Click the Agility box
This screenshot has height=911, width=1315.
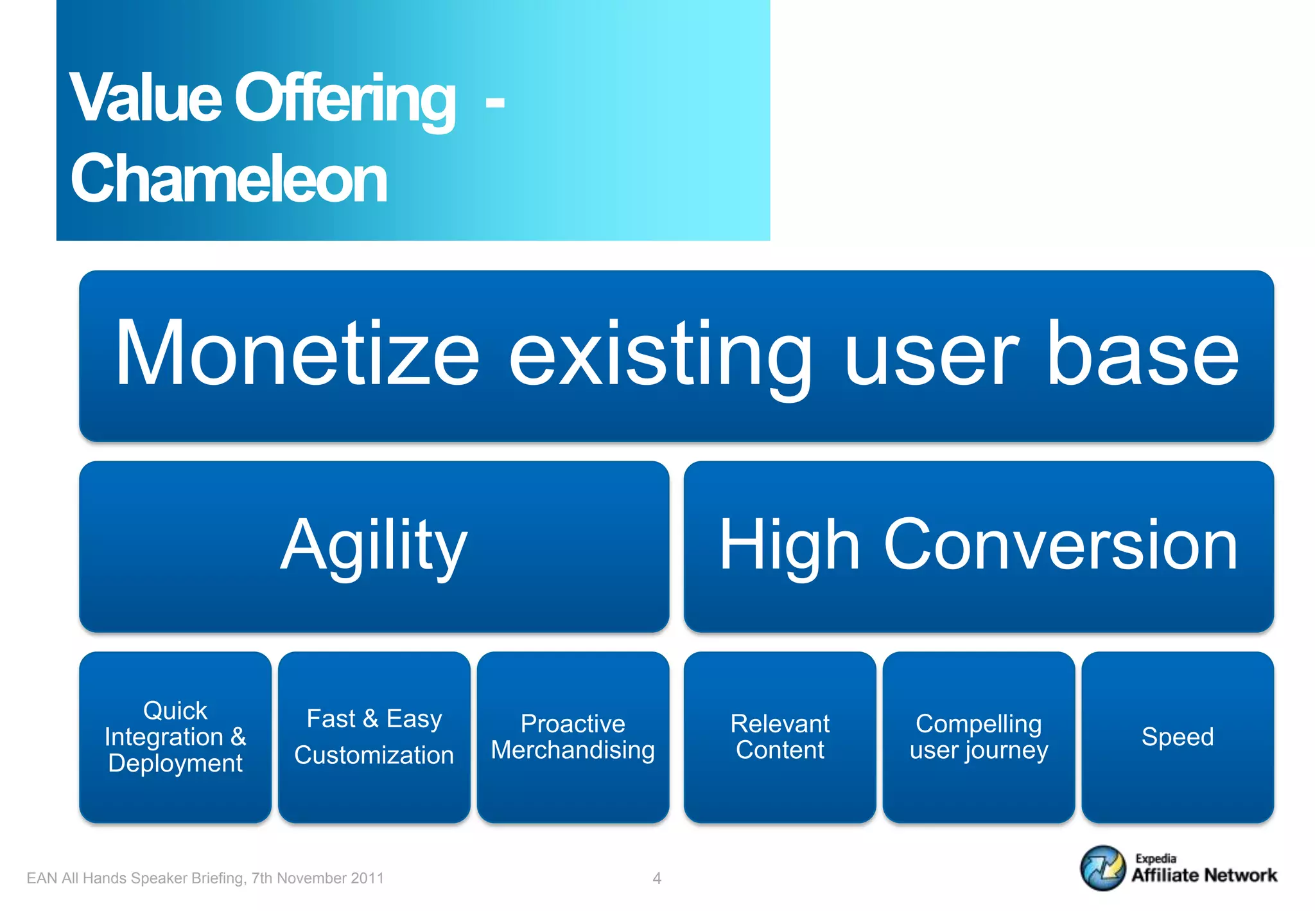(x=374, y=546)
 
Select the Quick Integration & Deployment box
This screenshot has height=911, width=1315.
(x=175, y=737)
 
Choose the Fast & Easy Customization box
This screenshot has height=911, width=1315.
(x=374, y=737)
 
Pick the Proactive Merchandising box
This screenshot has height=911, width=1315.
(x=573, y=737)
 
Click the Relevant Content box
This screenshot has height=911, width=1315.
(x=779, y=737)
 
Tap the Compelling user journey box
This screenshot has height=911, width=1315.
(x=979, y=737)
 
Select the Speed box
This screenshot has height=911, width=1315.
(x=1178, y=737)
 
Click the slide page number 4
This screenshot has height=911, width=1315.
(x=657, y=878)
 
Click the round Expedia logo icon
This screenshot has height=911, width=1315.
(x=1102, y=868)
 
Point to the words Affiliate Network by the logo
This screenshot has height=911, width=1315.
(x=1204, y=875)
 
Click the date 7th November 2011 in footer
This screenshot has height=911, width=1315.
(x=317, y=878)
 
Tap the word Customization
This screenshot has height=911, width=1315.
(x=374, y=755)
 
